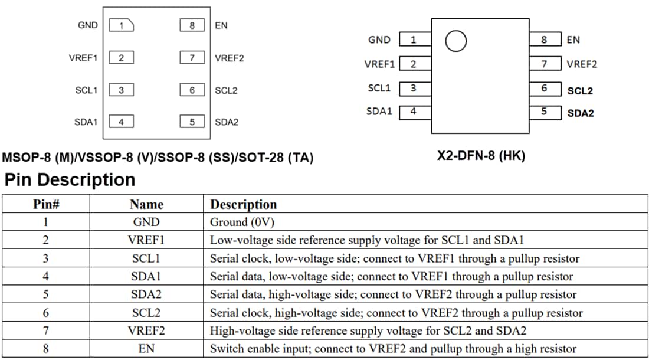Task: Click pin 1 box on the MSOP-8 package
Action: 122,25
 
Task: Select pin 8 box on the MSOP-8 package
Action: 192,25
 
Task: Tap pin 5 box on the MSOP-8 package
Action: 192,122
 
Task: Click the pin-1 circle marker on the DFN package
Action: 455,41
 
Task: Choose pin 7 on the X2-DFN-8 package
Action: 544,64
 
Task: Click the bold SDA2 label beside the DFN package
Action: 581,113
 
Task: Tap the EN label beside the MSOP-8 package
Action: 221,25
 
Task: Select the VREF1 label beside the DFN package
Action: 379,64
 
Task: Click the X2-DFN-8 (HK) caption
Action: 481,156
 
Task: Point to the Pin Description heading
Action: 70,179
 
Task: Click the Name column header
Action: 146,205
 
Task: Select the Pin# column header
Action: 45,205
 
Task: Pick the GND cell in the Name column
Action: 146,222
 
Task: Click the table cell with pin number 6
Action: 45,313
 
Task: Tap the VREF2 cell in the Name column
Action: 146,331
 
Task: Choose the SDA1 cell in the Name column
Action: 146,277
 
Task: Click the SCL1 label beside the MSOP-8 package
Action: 86,90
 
